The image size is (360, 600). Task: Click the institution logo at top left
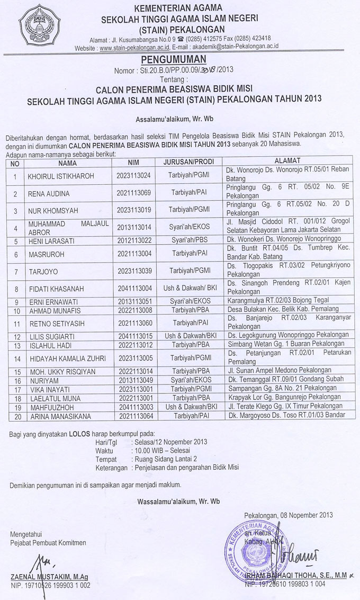pos(39,25)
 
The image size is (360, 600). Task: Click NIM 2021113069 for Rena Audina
pos(134,193)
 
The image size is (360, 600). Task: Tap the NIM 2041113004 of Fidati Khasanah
pos(134,289)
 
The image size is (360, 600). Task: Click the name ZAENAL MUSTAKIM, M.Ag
pos(49,577)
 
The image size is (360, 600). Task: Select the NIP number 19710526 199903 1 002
pos(57,585)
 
